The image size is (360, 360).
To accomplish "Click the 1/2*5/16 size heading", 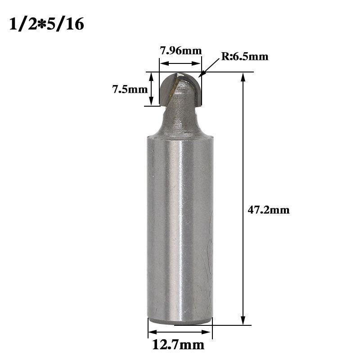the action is tap(47, 24).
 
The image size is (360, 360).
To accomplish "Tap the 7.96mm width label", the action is tap(181, 50).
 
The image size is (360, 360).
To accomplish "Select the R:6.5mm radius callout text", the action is tap(245, 57).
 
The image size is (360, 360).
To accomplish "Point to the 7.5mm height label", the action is tap(130, 89).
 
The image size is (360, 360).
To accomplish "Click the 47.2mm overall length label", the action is tap(269, 210).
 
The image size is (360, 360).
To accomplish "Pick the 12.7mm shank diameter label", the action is tap(178, 345).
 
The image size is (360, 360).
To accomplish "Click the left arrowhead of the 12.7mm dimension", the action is tap(153, 332).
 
